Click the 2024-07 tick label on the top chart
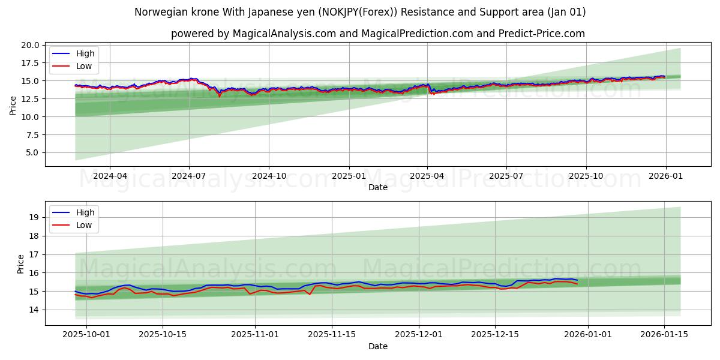tap(189, 176)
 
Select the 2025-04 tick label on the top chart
tap(427, 176)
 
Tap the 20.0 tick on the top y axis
tap(31, 45)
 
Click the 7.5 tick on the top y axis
tap(32, 134)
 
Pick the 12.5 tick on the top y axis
tap(31, 99)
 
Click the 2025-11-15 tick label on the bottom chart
tap(332, 335)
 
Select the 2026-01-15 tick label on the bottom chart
tap(664, 335)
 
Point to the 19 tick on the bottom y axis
tap(35, 217)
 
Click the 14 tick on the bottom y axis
tap(35, 310)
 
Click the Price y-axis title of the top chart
tap(13, 106)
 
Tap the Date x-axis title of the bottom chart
tap(378, 346)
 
